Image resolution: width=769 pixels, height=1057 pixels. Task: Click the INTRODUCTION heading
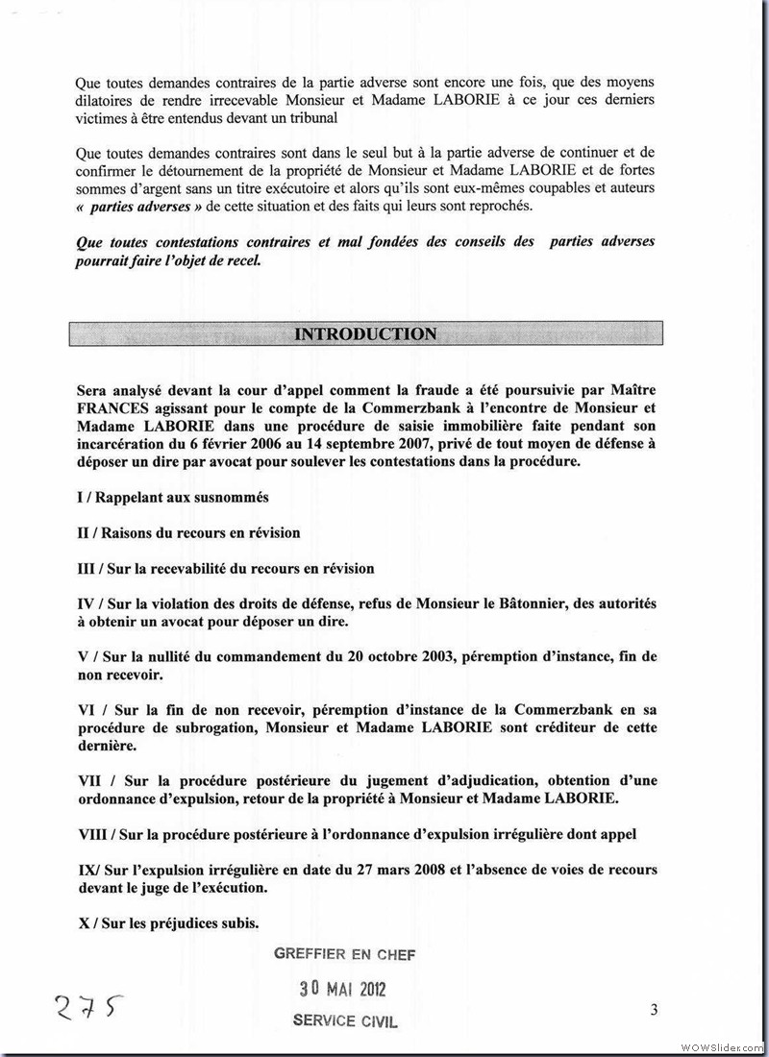coord(364,334)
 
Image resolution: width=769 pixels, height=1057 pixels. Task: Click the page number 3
coord(654,1009)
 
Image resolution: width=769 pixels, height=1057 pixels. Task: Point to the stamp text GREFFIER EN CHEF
coord(344,953)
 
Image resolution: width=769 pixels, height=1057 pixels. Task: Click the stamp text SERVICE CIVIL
coord(345,1020)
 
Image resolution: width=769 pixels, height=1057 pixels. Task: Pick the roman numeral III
coord(87,569)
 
